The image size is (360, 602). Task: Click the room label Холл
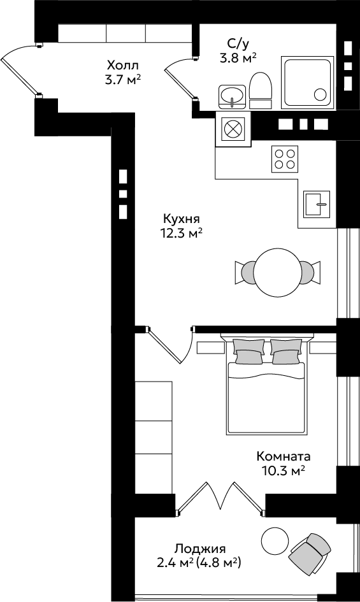tap(122, 64)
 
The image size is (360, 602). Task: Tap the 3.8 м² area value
tap(238, 59)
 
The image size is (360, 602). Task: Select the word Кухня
tap(182, 220)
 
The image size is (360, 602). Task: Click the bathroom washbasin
tap(232, 96)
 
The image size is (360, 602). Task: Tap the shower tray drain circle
tap(320, 94)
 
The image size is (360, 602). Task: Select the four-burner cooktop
tap(285, 159)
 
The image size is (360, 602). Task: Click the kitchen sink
tap(317, 204)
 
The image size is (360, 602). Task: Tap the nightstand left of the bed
tap(210, 347)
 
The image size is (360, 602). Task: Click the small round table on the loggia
tap(275, 540)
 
